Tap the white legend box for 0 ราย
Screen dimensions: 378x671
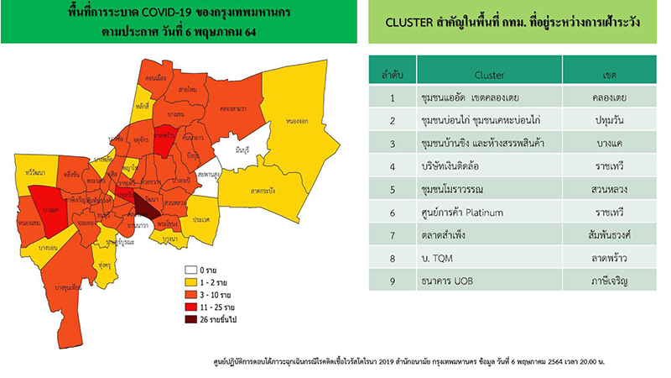[191, 271]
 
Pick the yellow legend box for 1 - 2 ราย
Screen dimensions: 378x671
[191, 284]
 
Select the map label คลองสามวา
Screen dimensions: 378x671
[231, 108]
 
